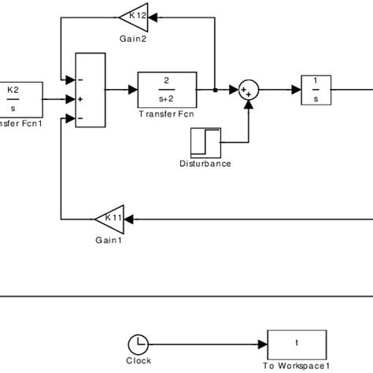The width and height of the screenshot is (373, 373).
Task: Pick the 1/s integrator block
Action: (x=316, y=88)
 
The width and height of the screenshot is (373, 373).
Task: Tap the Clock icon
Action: (x=138, y=343)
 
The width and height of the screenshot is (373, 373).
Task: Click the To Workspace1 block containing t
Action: (x=296, y=343)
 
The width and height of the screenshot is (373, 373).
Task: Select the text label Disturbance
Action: (x=205, y=164)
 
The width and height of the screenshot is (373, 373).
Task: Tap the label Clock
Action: (x=138, y=361)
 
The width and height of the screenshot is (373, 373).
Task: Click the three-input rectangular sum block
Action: (x=89, y=98)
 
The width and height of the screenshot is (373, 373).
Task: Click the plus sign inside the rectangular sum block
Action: (x=79, y=99)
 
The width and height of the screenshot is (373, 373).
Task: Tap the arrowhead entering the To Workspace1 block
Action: (x=264, y=343)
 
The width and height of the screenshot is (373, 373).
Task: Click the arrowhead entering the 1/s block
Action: (x=297, y=89)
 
